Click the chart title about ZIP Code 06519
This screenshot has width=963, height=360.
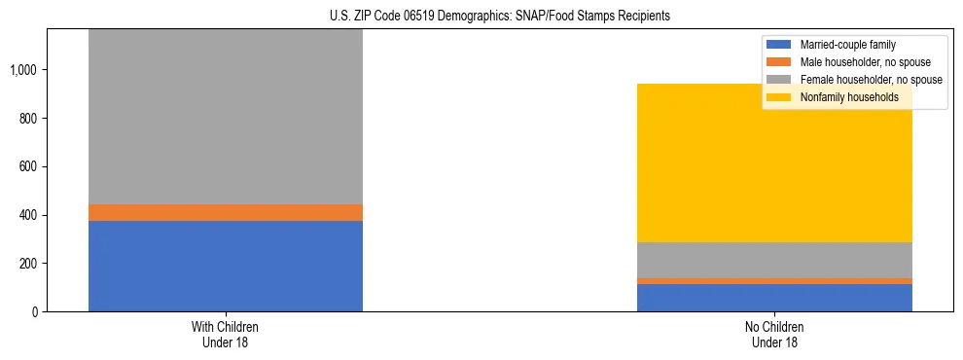[x=481, y=17]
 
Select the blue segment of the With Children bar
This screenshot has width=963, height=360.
[x=226, y=266]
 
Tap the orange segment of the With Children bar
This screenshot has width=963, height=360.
[x=226, y=212]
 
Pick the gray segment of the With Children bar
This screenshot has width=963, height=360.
[x=226, y=117]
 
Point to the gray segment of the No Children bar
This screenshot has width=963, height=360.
[x=774, y=260]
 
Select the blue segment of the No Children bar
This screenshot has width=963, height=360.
[x=774, y=298]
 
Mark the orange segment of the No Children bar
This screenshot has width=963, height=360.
[x=774, y=281]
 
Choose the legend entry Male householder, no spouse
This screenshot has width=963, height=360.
[x=855, y=62]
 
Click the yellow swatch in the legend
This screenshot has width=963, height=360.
[x=779, y=97]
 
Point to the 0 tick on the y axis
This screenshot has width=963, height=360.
[x=35, y=312]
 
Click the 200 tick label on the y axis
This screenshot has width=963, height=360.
[x=28, y=264]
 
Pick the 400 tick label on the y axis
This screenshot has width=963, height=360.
[x=28, y=215]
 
